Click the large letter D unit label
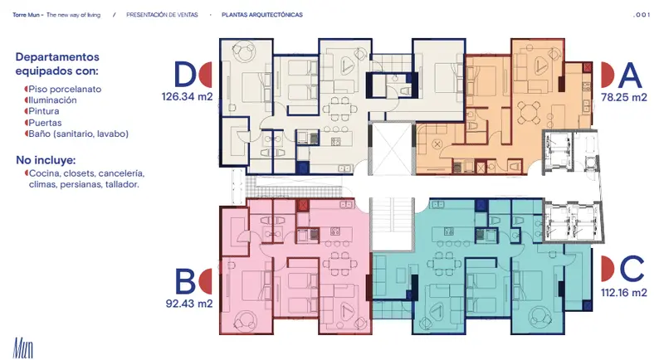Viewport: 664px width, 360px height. pos(185,75)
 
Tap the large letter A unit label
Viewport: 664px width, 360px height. pos(630,75)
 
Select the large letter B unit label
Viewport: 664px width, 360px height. pos(185,281)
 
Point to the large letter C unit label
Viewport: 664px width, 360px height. pos(632,269)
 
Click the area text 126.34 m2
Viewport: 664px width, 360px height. pos(187,97)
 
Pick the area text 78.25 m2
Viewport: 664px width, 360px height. pos(624,98)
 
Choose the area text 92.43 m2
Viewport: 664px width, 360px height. pos(189,304)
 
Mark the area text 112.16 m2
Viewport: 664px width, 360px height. pos(624,293)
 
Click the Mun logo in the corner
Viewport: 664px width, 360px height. pos(23,348)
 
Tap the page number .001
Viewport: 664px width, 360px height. pos(641,15)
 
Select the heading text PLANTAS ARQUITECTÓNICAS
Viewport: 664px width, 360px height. pos(262,15)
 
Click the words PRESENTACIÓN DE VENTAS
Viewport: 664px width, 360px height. pos(162,15)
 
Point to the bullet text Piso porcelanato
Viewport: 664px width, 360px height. pos(65,90)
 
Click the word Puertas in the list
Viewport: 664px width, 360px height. pos(45,123)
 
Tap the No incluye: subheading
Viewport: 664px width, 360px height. pos(46,160)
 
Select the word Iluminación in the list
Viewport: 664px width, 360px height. pos(52,100)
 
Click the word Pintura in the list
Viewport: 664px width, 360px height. pos(44,111)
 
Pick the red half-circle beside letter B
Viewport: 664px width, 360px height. pos(205,281)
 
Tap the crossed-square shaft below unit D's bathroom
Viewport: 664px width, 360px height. pos(393,149)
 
